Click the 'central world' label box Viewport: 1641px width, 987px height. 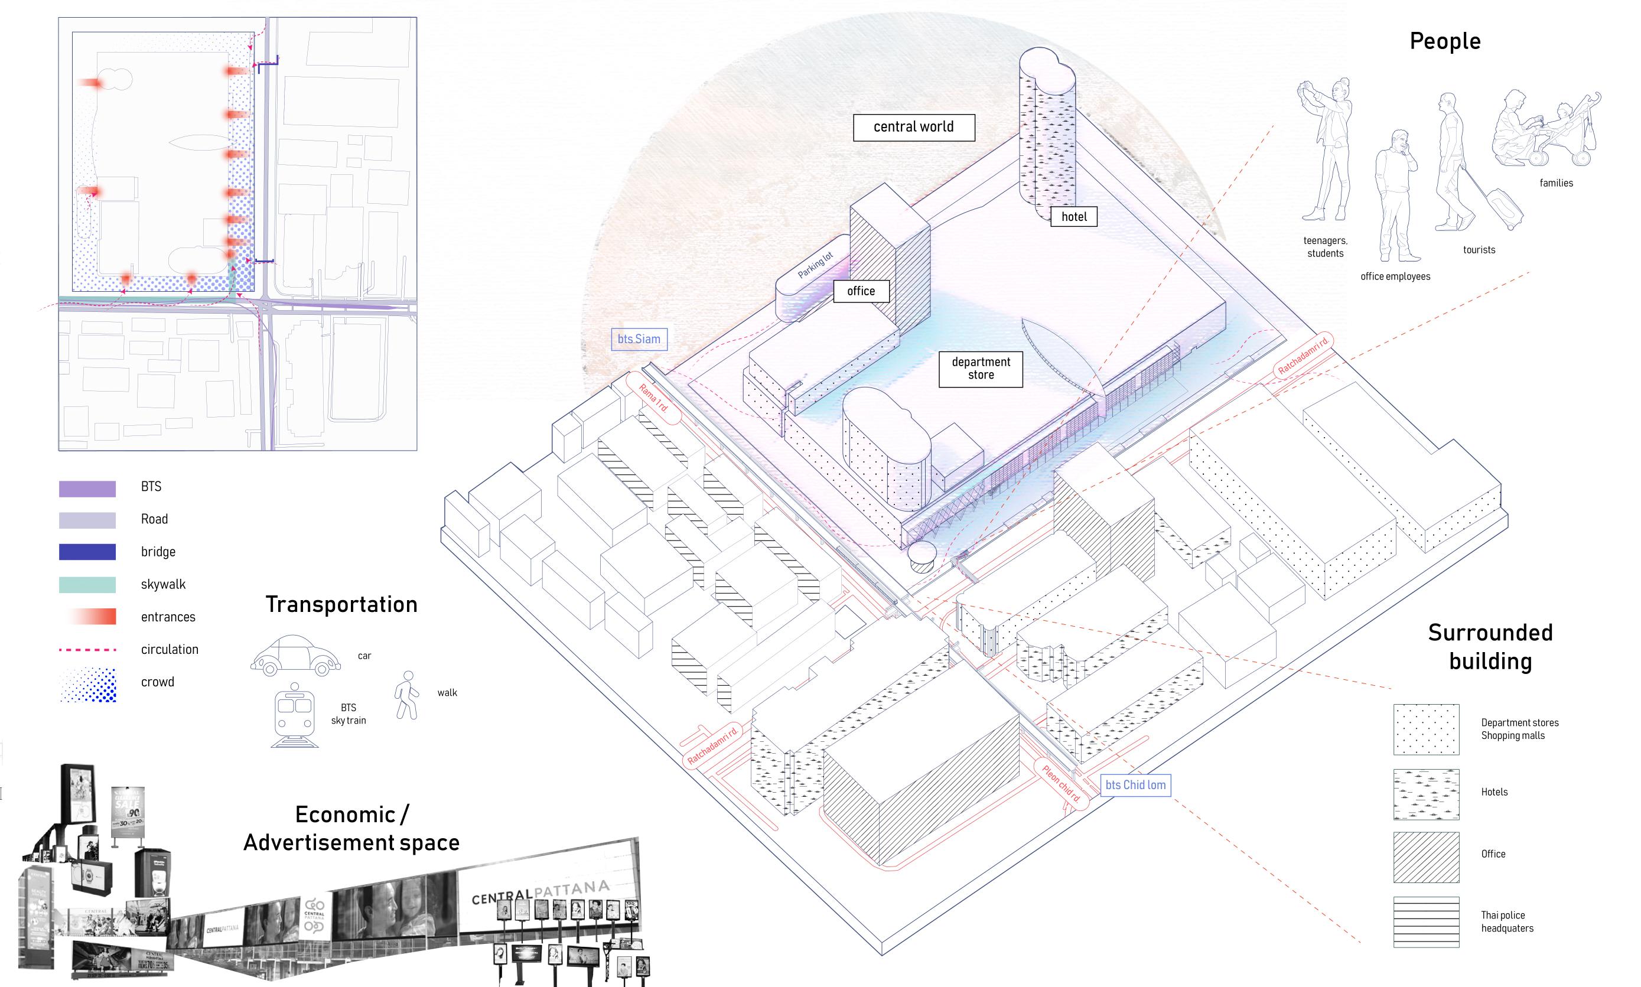(x=913, y=127)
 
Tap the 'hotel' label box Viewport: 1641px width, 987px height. (x=1073, y=217)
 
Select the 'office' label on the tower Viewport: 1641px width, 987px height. (x=861, y=291)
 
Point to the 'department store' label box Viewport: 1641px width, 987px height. (x=981, y=369)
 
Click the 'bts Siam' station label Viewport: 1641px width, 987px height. (x=639, y=339)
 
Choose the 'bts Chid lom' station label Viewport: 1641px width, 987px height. (x=1135, y=785)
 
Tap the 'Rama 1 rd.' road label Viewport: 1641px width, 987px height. (x=655, y=397)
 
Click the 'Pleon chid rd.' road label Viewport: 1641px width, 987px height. (x=1061, y=783)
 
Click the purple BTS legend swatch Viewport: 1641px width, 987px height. (x=87, y=489)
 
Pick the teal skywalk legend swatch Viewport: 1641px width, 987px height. (x=87, y=585)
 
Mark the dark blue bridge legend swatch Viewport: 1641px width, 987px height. (x=87, y=552)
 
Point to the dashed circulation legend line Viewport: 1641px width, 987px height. (x=87, y=650)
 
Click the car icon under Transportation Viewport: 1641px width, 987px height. (x=290, y=656)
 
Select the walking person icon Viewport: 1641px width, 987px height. (x=407, y=695)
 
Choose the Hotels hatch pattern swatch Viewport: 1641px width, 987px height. (x=1426, y=795)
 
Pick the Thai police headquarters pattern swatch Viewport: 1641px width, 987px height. (x=1426, y=922)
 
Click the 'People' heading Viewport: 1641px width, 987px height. (x=1445, y=41)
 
